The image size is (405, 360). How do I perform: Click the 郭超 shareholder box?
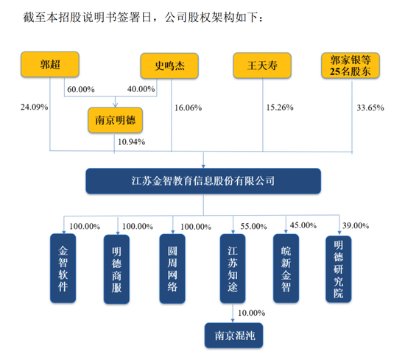[x=50, y=64]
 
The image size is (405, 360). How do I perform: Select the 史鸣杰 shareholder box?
[x=169, y=66]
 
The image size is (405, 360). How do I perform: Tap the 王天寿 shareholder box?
[x=262, y=66]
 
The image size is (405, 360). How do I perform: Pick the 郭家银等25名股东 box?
[x=351, y=66]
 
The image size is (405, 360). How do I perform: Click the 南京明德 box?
[x=115, y=120]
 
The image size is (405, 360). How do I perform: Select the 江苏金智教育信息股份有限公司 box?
[x=203, y=181]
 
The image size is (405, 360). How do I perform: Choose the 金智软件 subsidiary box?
[x=63, y=268]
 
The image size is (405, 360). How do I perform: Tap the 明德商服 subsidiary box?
[x=116, y=269]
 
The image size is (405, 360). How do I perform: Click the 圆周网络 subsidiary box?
[x=172, y=269]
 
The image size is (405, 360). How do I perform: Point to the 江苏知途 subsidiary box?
[x=233, y=269]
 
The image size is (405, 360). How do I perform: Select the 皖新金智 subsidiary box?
[x=286, y=268]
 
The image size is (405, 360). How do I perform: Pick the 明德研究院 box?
[x=339, y=269]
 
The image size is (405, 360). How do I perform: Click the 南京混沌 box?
[x=233, y=335]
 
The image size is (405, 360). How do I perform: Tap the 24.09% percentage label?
[x=35, y=107]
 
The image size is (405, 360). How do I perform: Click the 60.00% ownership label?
[x=81, y=89]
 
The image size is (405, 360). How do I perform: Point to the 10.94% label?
[x=132, y=142]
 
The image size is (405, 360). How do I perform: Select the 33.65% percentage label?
[x=370, y=107]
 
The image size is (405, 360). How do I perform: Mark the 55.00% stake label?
[x=253, y=226]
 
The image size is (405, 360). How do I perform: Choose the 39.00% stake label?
[x=356, y=225]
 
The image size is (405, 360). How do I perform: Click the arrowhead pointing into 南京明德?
[x=115, y=105]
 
